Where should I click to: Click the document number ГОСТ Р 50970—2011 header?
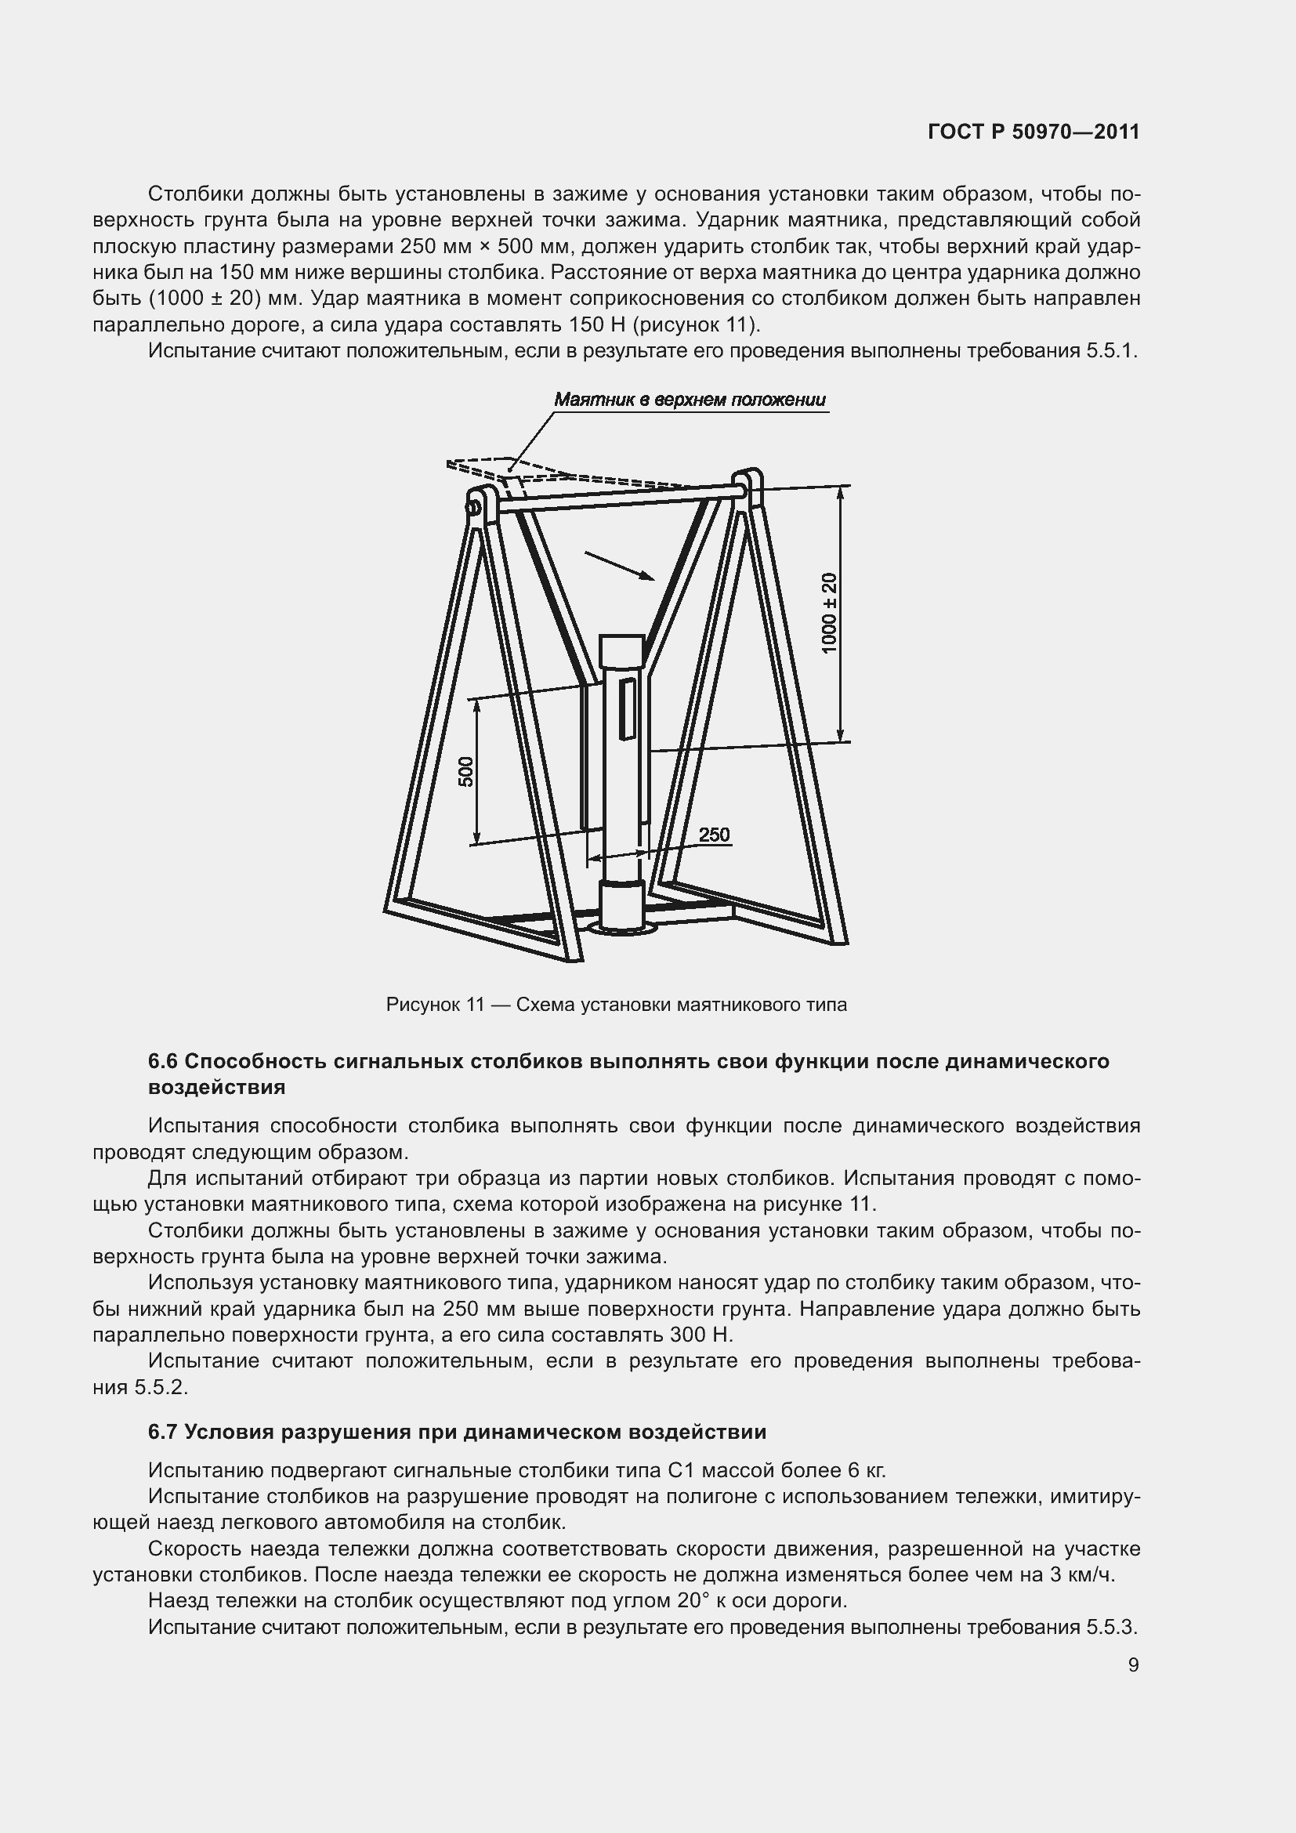1034,132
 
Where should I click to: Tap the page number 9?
1133,1665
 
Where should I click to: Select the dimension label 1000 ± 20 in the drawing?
830,613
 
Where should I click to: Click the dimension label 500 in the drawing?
466,771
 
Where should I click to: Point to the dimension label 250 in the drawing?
715,835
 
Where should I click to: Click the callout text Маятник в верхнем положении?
690,400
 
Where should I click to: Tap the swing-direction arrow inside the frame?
620,565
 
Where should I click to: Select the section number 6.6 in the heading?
163,1062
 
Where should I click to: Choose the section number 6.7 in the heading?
163,1433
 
